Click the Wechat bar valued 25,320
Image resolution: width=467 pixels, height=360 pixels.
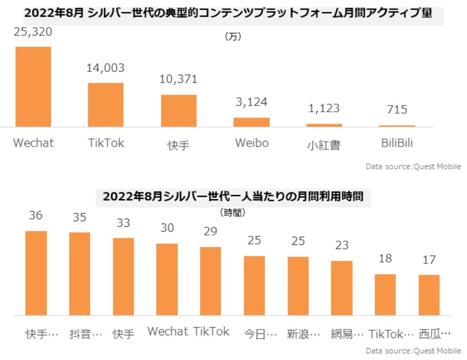[33, 87]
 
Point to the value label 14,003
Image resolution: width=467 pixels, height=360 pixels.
[105, 68]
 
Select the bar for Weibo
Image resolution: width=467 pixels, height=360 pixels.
[251, 122]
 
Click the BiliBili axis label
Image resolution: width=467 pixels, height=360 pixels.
[397, 143]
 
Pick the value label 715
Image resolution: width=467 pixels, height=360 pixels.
[397, 110]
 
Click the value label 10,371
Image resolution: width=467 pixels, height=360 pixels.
[179, 79]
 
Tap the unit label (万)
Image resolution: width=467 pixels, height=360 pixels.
[233, 37]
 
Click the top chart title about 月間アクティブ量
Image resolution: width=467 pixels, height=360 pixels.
[229, 13]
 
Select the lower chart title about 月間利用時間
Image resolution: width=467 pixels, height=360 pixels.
[233, 196]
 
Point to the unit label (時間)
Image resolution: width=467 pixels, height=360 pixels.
[233, 213]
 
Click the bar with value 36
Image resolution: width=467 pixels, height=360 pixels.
[36, 273]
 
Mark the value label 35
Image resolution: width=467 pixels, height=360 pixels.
[79, 217]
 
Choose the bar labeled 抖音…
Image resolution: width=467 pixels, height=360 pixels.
[79, 274]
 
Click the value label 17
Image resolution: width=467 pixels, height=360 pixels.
[429, 260]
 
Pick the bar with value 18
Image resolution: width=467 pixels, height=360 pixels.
[385, 294]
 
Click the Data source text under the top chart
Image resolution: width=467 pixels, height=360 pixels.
[413, 167]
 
